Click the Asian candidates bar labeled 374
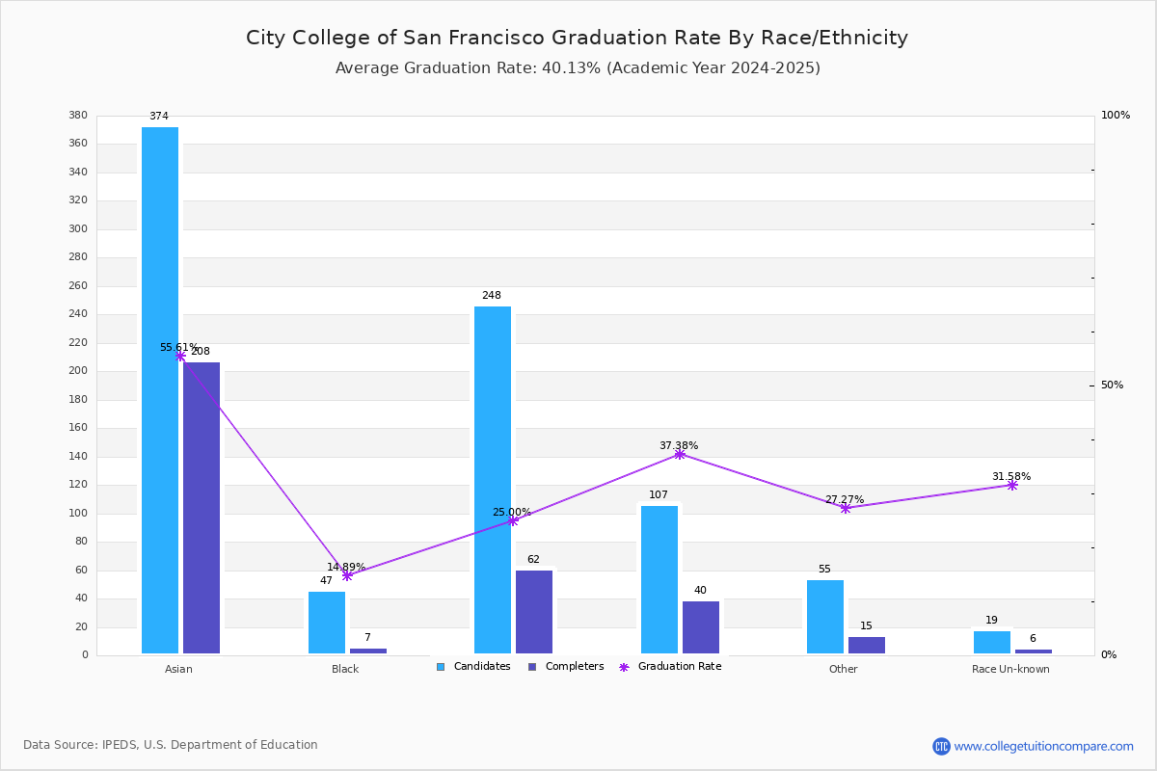pyautogui.click(x=160, y=390)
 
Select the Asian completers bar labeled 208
pyautogui.click(x=202, y=508)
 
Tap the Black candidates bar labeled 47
pyautogui.click(x=327, y=623)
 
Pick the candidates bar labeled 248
pyautogui.click(x=493, y=480)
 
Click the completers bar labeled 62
pyautogui.click(x=534, y=612)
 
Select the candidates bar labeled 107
pyautogui.click(x=659, y=580)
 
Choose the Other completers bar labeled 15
pyautogui.click(x=867, y=646)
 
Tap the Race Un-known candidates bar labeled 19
pyautogui.click(x=992, y=643)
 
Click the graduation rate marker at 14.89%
pyautogui.click(x=347, y=575)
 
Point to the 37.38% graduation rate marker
pyautogui.click(x=680, y=455)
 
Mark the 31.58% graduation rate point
pyautogui.click(x=1012, y=486)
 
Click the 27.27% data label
pyautogui.click(x=845, y=499)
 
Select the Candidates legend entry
pyautogui.click(x=473, y=667)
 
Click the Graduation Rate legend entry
pyautogui.click(x=670, y=667)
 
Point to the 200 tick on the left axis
pyautogui.click(x=78, y=371)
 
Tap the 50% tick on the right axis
pyautogui.click(x=1112, y=385)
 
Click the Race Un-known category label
pyautogui.click(x=1010, y=669)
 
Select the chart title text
pyautogui.click(x=577, y=38)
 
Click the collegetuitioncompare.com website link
pyautogui.click(x=1043, y=746)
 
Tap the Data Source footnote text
pyautogui.click(x=171, y=745)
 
